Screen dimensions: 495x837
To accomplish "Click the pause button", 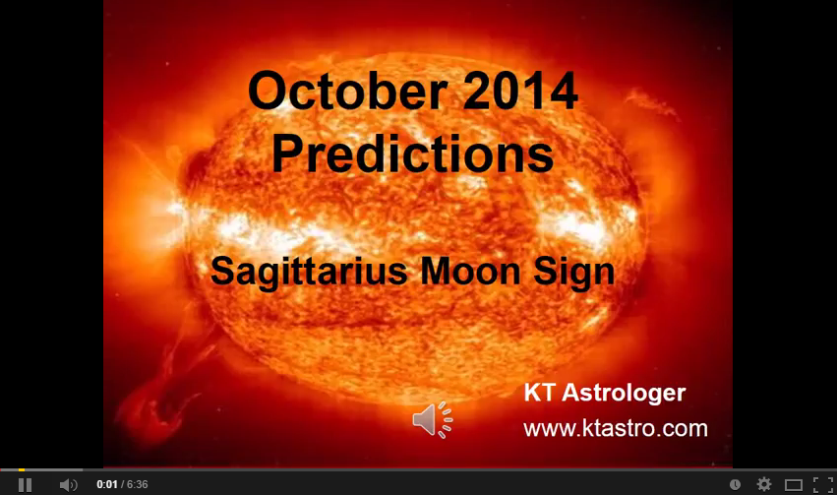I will [x=26, y=484].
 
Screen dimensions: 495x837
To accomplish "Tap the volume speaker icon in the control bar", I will [x=68, y=484].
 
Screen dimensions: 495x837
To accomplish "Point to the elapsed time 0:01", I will [x=106, y=484].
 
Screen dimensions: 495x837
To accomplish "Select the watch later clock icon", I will [x=735, y=484].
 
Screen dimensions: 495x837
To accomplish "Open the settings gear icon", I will [x=764, y=484].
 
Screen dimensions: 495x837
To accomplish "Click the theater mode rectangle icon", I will [x=794, y=484].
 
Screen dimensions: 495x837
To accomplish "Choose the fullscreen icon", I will [x=823, y=484].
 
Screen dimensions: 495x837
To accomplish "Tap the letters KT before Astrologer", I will [x=540, y=394].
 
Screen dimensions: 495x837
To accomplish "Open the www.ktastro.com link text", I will [x=615, y=428].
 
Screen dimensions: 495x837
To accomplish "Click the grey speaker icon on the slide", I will [x=432, y=419].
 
